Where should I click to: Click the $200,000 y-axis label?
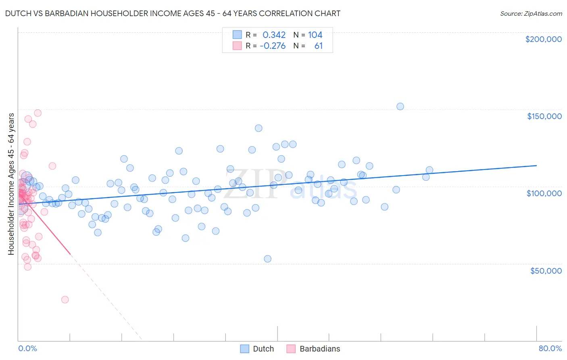pos(543,39)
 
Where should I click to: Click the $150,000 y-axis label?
pos(544,116)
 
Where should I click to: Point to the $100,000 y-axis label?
pos(544,193)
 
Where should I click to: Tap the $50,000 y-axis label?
pos(546,270)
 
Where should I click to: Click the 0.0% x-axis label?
pos(27,348)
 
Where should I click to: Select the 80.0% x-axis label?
pos(550,348)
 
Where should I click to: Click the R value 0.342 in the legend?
pos(274,35)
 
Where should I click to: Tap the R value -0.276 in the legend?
pos(273,46)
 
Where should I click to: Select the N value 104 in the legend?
pos(315,35)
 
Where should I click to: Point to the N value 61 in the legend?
pos(319,46)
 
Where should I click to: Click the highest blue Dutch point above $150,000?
pos(400,107)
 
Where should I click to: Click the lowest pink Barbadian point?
pos(65,299)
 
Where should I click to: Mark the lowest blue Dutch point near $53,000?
pos(267,259)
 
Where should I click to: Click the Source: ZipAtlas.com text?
pos(531,14)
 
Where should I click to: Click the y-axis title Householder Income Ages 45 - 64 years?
pos(11,184)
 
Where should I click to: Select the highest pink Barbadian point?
pos(38,113)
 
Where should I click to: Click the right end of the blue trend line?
pos(536,165)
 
